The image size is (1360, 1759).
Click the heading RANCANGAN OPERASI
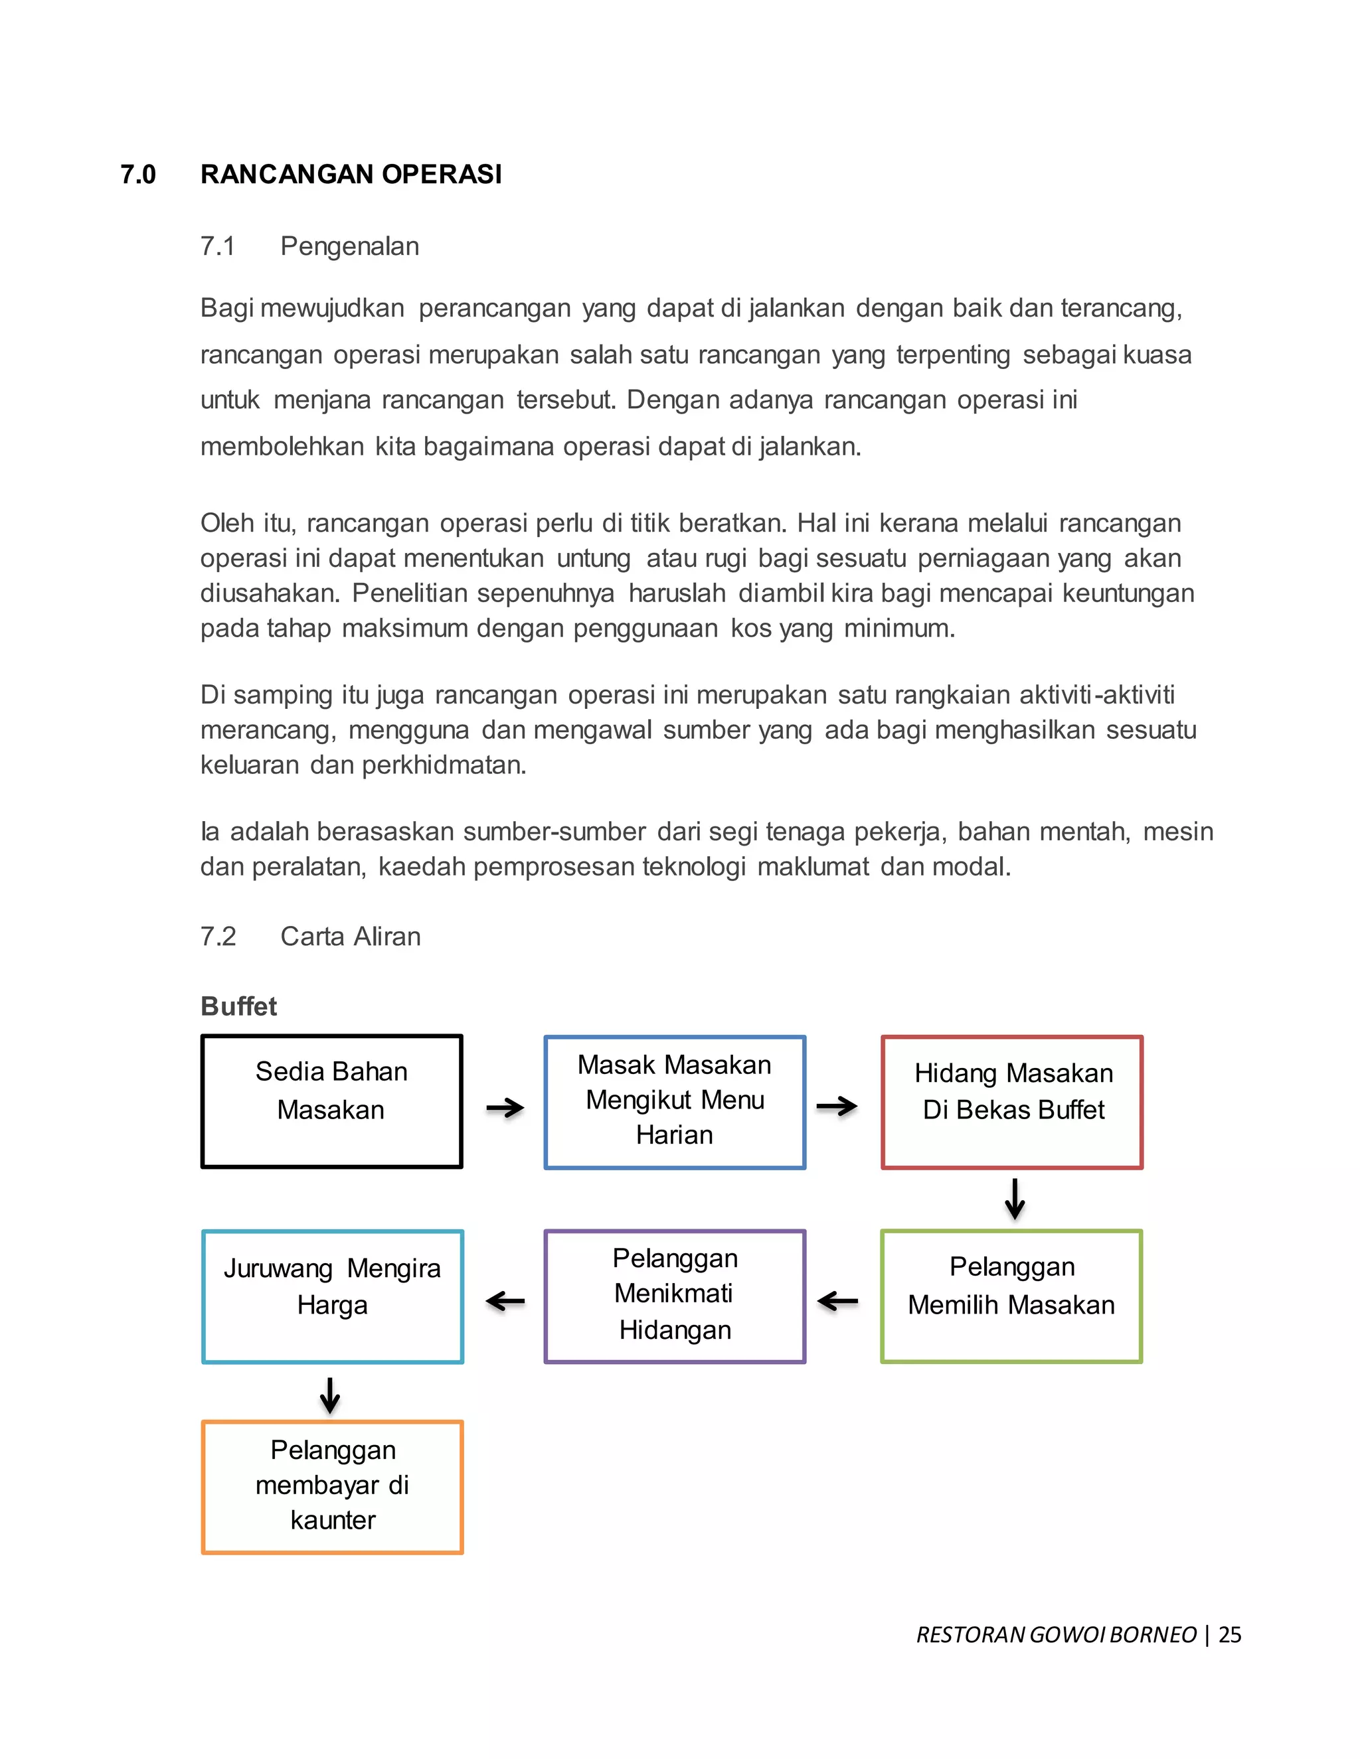tap(351, 174)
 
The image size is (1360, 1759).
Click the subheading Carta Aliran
tap(350, 936)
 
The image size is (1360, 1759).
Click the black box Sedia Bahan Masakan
tap(331, 1101)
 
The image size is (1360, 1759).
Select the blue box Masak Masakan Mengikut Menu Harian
tap(675, 1102)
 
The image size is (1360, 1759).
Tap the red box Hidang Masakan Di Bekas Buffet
tap(1012, 1102)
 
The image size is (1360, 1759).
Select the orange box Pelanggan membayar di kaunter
tap(332, 1487)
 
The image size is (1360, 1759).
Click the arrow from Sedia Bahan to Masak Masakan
tap(505, 1109)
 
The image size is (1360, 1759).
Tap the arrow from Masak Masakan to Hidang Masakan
tap(836, 1106)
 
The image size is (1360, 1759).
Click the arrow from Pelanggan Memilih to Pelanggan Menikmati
tap(838, 1301)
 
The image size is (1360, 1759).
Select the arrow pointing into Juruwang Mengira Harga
tap(505, 1301)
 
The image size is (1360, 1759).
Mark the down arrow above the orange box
tap(329, 1395)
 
